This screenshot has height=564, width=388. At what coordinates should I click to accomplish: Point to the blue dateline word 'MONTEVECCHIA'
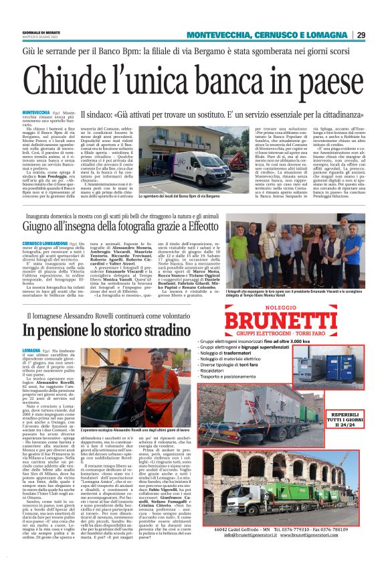pos(35,112)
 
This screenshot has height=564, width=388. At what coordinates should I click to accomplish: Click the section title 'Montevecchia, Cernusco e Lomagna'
pos(268,36)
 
